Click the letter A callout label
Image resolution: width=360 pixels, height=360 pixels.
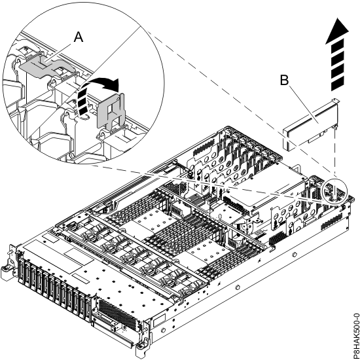pos(79,38)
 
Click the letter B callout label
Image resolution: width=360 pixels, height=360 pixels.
pos(284,81)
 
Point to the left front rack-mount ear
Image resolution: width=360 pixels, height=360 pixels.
pos(9,262)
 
